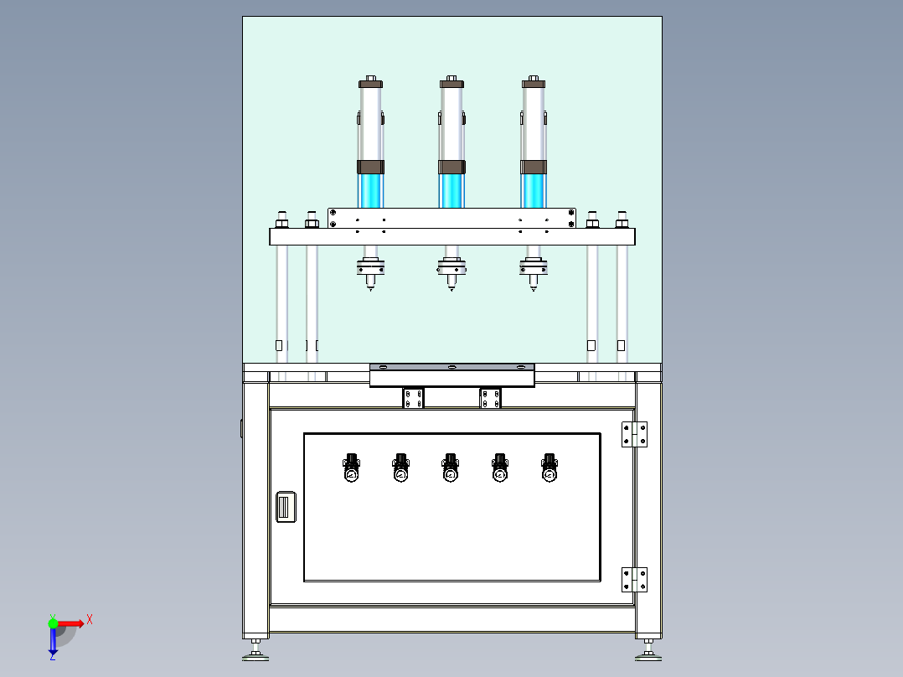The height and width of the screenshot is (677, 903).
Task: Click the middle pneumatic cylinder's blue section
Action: pyautogui.click(x=451, y=191)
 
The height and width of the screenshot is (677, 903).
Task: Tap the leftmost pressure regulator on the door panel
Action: pyautogui.click(x=351, y=468)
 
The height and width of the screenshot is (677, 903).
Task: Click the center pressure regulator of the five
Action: pyautogui.click(x=451, y=468)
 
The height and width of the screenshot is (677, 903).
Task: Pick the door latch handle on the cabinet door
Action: pyautogui.click(x=286, y=507)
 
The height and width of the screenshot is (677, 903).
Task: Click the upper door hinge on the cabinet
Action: pyautogui.click(x=634, y=434)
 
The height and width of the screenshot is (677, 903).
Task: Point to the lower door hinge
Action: pyautogui.click(x=634, y=580)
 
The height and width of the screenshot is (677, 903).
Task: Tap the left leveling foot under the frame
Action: pyautogui.click(x=255, y=651)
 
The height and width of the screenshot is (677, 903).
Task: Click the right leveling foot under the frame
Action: pyautogui.click(x=648, y=651)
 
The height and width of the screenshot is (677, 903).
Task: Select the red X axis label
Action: pyautogui.click(x=90, y=620)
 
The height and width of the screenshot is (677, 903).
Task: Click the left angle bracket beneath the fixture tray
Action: pyautogui.click(x=413, y=398)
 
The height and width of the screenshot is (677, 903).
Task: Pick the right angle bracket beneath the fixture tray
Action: pyautogui.click(x=490, y=398)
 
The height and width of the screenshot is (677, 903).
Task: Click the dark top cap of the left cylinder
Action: pyautogui.click(x=370, y=84)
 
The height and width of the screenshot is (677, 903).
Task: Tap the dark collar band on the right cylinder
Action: pyautogui.click(x=534, y=167)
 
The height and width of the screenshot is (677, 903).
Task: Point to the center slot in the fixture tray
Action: pyautogui.click(x=452, y=367)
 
